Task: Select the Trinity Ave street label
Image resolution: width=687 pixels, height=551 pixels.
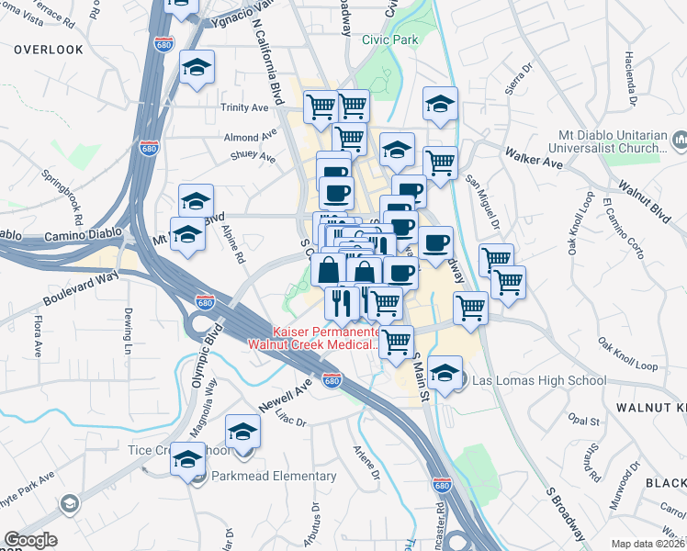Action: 244,107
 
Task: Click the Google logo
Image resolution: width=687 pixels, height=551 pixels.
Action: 30,540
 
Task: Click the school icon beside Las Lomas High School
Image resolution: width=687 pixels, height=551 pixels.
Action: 445,372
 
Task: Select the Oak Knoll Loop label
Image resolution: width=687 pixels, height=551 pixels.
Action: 628,354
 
